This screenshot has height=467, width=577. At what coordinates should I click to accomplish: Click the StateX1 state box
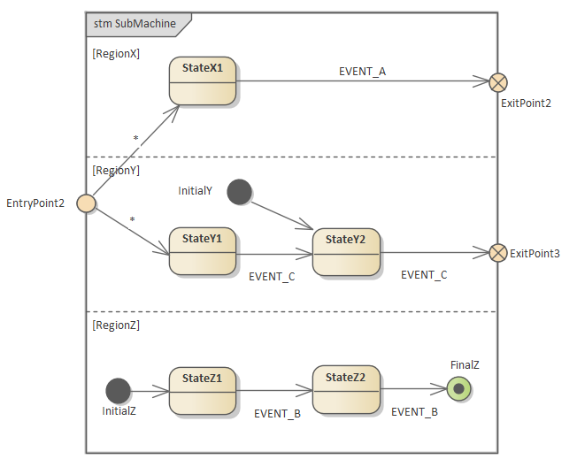pos(203,81)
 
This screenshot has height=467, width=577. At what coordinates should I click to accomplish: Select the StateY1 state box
pos(203,252)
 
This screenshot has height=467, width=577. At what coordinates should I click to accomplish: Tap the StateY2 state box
pos(346,252)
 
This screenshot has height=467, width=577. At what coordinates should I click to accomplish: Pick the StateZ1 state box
pos(203,391)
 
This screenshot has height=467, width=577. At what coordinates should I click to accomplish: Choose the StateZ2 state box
pos(346,390)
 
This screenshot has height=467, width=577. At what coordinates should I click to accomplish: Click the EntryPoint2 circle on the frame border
pos(86,203)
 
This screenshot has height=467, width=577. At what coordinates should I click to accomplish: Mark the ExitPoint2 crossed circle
pos(498,82)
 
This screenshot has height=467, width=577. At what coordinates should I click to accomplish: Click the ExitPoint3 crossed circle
pos(498,253)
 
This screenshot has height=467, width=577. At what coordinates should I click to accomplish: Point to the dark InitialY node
pos(239,191)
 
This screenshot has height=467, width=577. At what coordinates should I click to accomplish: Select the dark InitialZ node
pos(118,390)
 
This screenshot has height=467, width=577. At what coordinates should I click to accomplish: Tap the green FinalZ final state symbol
pos(458,388)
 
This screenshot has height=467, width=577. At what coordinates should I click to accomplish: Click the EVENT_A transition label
pos(362,71)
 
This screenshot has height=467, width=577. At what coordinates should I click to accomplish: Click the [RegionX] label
pos(116,54)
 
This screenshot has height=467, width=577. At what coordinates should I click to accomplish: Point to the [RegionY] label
pos(116,170)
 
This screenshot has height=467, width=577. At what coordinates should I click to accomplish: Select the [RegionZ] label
pos(116,325)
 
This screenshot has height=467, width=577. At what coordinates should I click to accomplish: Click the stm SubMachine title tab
pos(135,24)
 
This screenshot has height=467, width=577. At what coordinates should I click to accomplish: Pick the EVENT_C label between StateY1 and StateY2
pos(272,276)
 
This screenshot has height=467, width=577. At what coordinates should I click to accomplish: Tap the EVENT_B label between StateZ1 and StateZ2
pos(278,413)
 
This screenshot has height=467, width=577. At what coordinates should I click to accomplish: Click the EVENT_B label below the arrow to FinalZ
pos(414,411)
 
